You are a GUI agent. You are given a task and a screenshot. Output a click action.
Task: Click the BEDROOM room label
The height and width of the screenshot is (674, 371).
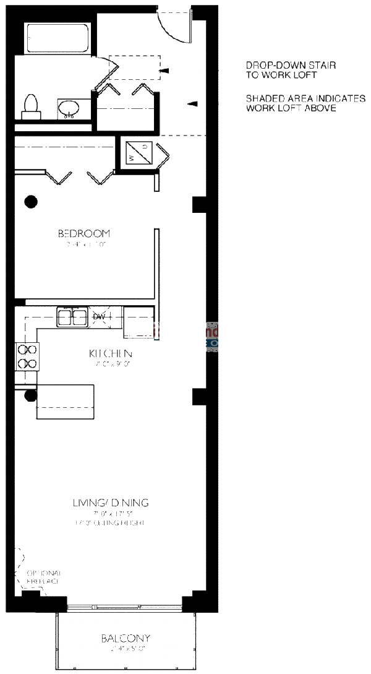point(83,234)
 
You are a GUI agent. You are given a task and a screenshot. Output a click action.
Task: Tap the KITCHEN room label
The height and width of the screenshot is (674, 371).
point(111,353)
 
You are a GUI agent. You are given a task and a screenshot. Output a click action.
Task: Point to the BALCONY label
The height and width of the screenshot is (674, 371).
point(126,639)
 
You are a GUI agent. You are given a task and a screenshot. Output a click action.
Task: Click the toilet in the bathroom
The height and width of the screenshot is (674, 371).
point(30,107)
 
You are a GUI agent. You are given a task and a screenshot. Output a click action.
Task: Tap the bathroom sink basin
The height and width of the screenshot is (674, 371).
point(68,110)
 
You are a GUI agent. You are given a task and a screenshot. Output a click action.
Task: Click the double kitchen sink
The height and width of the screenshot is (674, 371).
point(72,318)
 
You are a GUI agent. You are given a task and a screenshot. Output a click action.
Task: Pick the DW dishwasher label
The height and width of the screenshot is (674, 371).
point(100,318)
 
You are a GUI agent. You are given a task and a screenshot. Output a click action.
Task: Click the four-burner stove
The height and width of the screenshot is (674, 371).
point(27,356)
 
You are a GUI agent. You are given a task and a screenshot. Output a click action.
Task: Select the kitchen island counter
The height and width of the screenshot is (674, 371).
point(65,402)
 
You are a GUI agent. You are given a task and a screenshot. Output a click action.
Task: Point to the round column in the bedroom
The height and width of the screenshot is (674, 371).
point(30,201)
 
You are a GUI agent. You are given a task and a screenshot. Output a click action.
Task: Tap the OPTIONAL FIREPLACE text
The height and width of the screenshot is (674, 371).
point(43,578)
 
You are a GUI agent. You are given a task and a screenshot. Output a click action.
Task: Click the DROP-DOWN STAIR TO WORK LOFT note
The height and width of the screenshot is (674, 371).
point(281,70)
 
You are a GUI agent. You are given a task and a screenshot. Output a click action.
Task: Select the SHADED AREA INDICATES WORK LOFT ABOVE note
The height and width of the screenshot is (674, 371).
point(305,103)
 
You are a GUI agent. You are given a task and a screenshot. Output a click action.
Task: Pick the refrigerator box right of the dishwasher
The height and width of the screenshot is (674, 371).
point(138,322)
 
